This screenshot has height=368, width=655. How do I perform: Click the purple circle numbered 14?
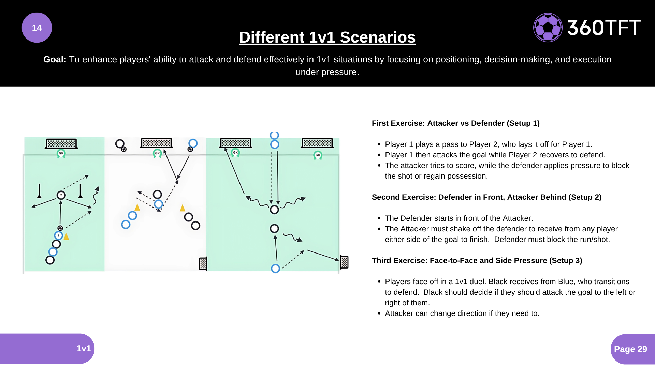[37, 28]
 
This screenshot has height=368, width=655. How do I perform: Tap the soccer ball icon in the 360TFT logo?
[548, 28]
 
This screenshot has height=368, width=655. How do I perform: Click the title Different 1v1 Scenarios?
[327, 37]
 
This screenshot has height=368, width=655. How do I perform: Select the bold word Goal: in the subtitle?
[55, 59]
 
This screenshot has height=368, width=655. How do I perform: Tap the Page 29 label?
[630, 349]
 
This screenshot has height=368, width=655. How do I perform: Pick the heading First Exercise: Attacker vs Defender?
[455, 123]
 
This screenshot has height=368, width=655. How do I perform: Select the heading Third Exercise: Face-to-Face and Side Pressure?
[477, 260]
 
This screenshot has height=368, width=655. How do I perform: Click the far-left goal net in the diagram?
[61, 143]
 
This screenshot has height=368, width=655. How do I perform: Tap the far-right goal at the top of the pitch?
[317, 143]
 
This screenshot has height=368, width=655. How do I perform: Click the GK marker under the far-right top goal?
[318, 155]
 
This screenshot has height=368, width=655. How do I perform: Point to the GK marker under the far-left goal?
[61, 153]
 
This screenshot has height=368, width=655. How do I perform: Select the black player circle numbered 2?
[61, 195]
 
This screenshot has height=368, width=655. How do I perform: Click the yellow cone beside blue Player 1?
[67, 236]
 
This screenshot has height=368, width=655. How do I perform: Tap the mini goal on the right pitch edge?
[344, 262]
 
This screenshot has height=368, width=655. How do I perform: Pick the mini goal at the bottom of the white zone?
[203, 264]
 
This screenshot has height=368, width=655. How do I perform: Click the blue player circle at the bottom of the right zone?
[275, 269]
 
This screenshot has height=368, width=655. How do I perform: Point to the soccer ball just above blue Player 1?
[60, 228]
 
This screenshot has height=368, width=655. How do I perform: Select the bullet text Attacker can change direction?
[462, 313]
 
